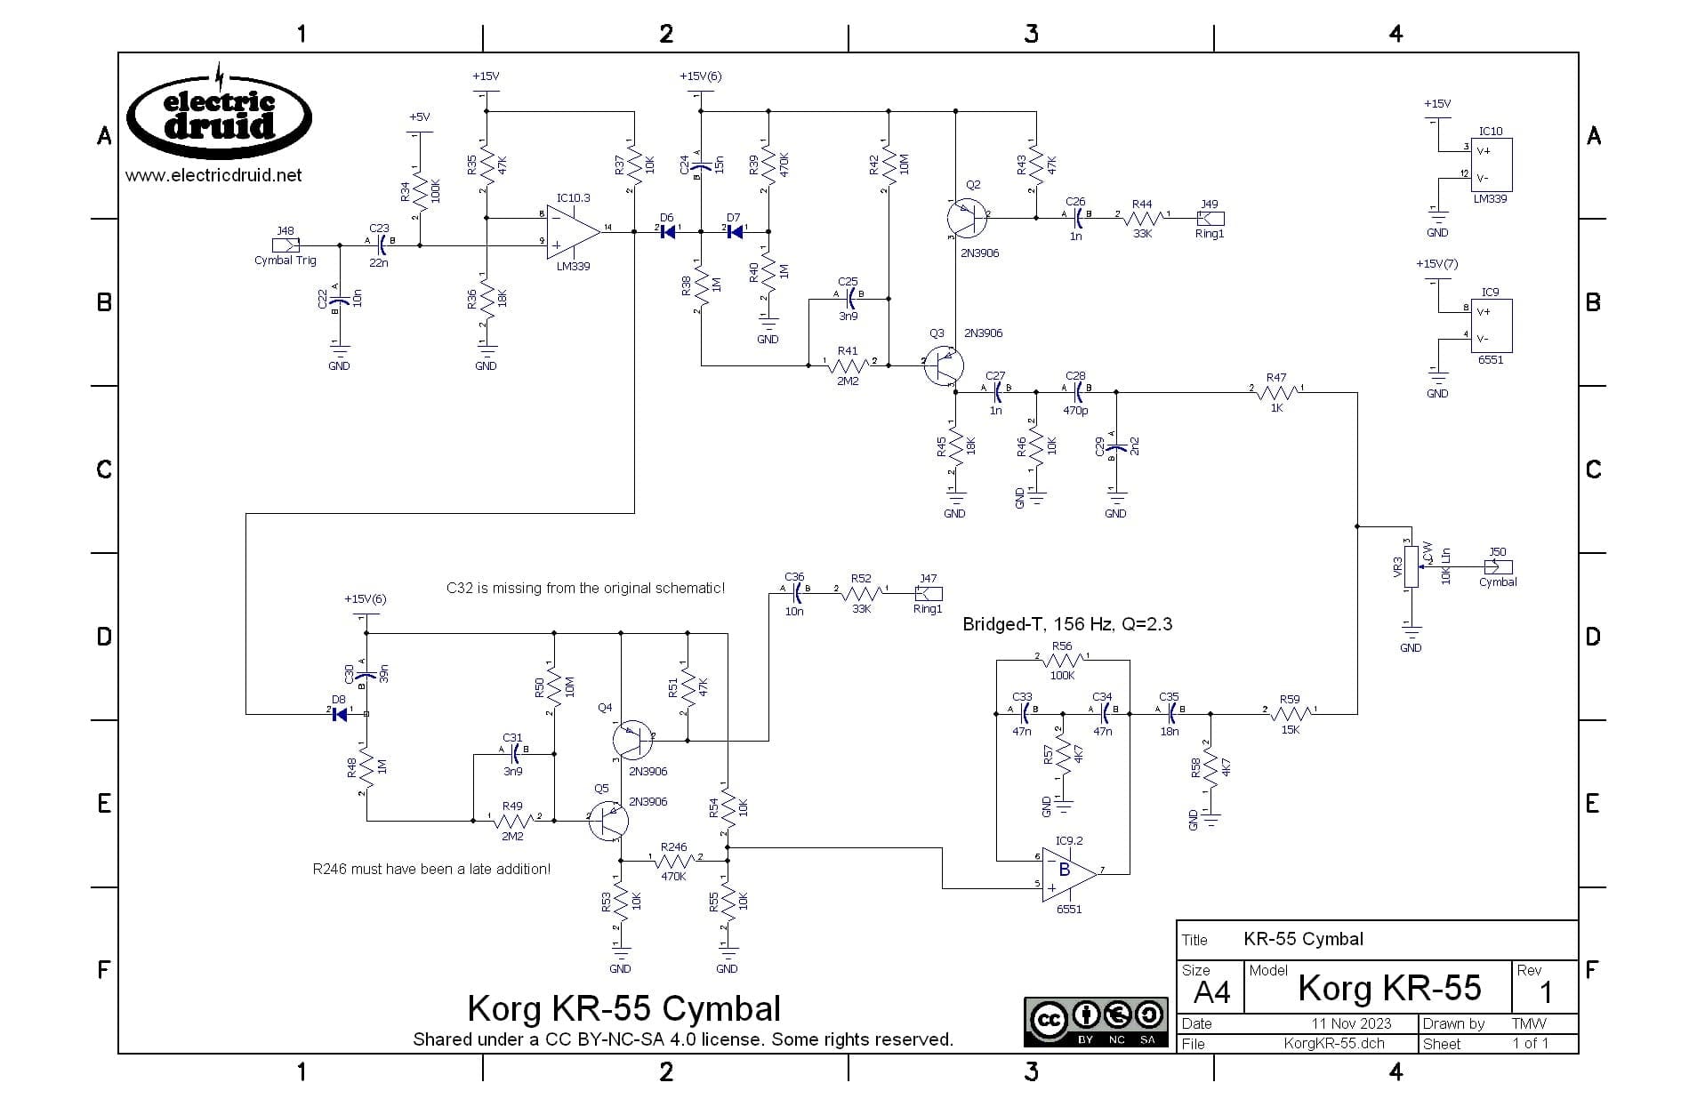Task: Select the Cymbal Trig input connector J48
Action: coord(286,245)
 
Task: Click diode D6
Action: coord(667,231)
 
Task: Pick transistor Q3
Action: coord(943,365)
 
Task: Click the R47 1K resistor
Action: coord(1276,391)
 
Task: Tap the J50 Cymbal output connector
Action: coord(1499,566)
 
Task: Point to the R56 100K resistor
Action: coord(1062,661)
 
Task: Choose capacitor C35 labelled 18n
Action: coord(1170,712)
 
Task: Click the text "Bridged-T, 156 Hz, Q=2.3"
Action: coord(1067,624)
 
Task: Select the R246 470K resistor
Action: coord(674,861)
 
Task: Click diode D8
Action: coord(339,713)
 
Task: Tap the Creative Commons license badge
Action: coord(1096,1022)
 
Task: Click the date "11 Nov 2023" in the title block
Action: coord(1350,1023)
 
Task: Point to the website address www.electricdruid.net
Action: coord(213,175)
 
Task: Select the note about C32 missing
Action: coord(585,588)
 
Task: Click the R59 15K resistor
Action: coord(1290,713)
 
